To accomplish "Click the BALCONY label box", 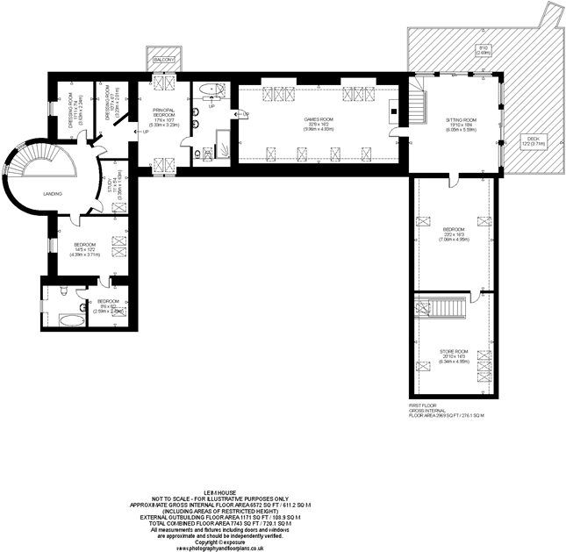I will pyautogui.click(x=163, y=59).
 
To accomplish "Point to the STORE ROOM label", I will pyautogui.click(x=455, y=355).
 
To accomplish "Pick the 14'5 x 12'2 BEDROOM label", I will pyautogui.click(x=86, y=248).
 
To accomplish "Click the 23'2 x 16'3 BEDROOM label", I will pyautogui.click(x=455, y=233).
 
